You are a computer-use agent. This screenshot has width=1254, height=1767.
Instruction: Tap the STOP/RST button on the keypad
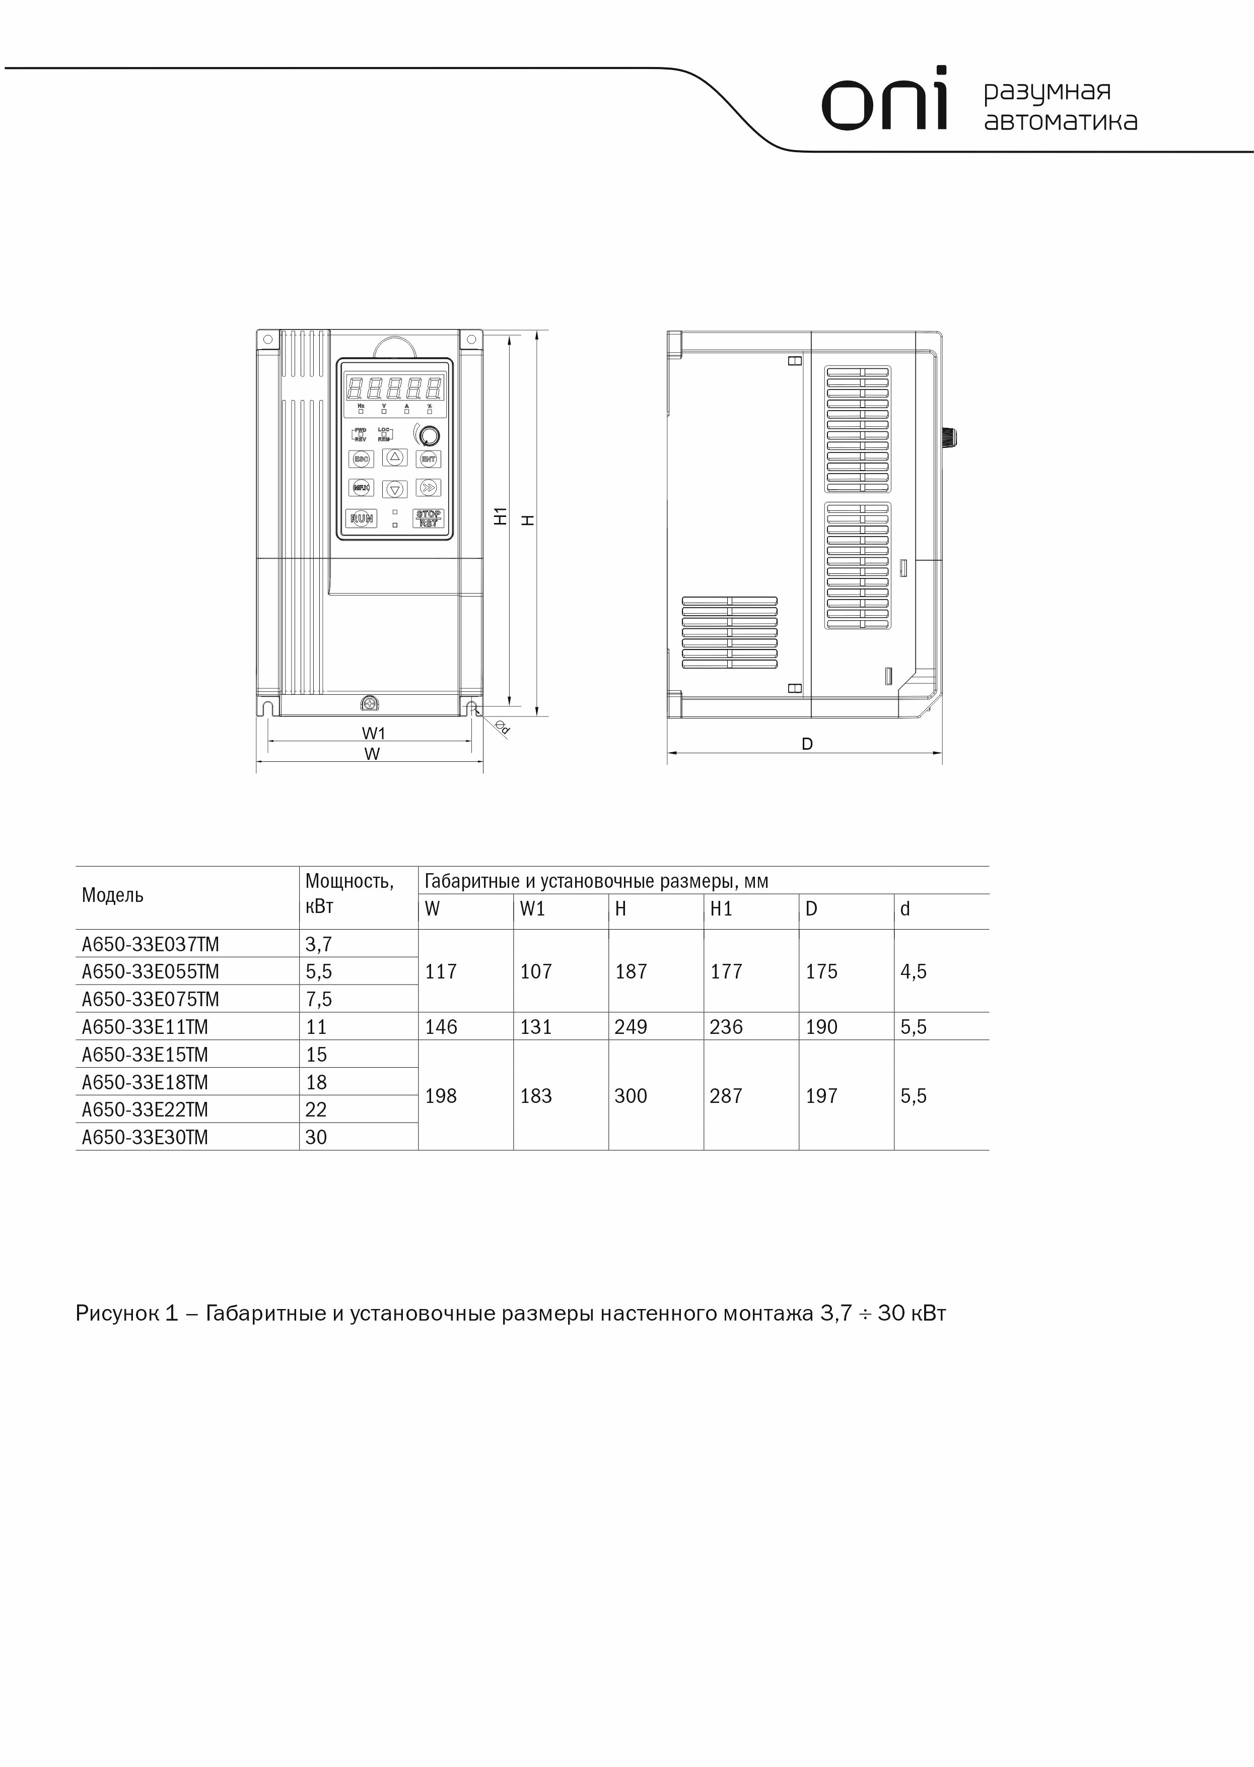429,518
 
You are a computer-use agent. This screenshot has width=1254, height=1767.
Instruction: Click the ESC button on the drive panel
361,459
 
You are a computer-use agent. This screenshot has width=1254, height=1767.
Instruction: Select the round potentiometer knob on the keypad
429,435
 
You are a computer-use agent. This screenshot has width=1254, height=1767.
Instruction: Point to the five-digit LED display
394,387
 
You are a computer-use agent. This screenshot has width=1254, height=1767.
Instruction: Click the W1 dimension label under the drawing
374,733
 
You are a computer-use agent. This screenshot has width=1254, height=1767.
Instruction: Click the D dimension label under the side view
807,744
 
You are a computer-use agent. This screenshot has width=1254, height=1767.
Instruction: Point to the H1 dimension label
501,516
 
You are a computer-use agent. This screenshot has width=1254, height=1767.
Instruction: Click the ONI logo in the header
884,100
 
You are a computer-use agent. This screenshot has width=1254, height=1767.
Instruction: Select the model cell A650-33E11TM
145,1027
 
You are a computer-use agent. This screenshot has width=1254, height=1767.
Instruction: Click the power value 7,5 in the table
319,999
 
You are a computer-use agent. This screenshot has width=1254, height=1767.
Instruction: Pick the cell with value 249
631,1027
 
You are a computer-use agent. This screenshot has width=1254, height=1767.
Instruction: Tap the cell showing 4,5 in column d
914,971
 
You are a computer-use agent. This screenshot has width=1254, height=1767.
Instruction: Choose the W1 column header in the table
533,909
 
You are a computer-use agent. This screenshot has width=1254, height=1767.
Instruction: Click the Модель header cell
113,895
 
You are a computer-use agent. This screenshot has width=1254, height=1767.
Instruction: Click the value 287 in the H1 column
726,1096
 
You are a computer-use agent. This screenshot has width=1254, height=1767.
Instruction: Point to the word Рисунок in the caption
116,1314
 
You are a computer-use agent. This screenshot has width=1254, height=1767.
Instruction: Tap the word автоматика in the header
1060,122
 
